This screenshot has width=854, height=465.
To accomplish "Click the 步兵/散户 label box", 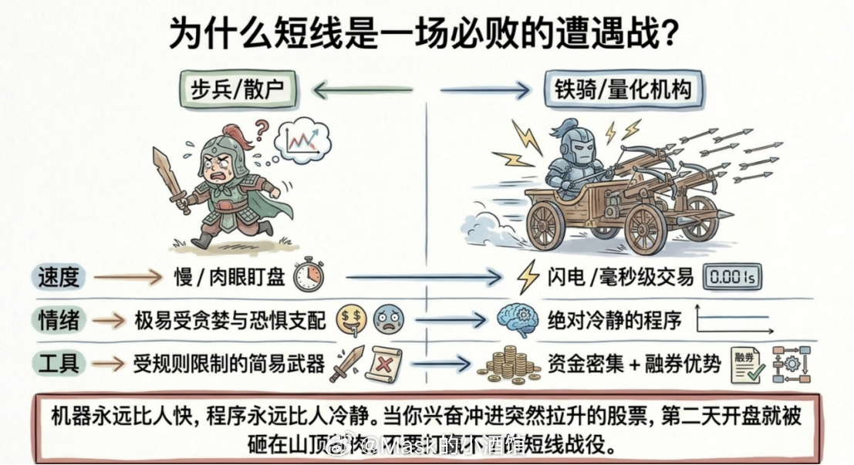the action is tap(237, 90).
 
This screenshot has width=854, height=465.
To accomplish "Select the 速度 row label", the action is tap(58, 277).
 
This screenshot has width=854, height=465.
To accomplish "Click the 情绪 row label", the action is tap(58, 319).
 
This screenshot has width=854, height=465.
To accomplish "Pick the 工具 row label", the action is tap(58, 362).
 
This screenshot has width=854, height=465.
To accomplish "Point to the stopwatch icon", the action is tap(308, 275).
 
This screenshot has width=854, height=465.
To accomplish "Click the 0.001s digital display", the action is tap(730, 277).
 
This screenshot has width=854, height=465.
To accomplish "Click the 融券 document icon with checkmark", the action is tap(746, 362).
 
